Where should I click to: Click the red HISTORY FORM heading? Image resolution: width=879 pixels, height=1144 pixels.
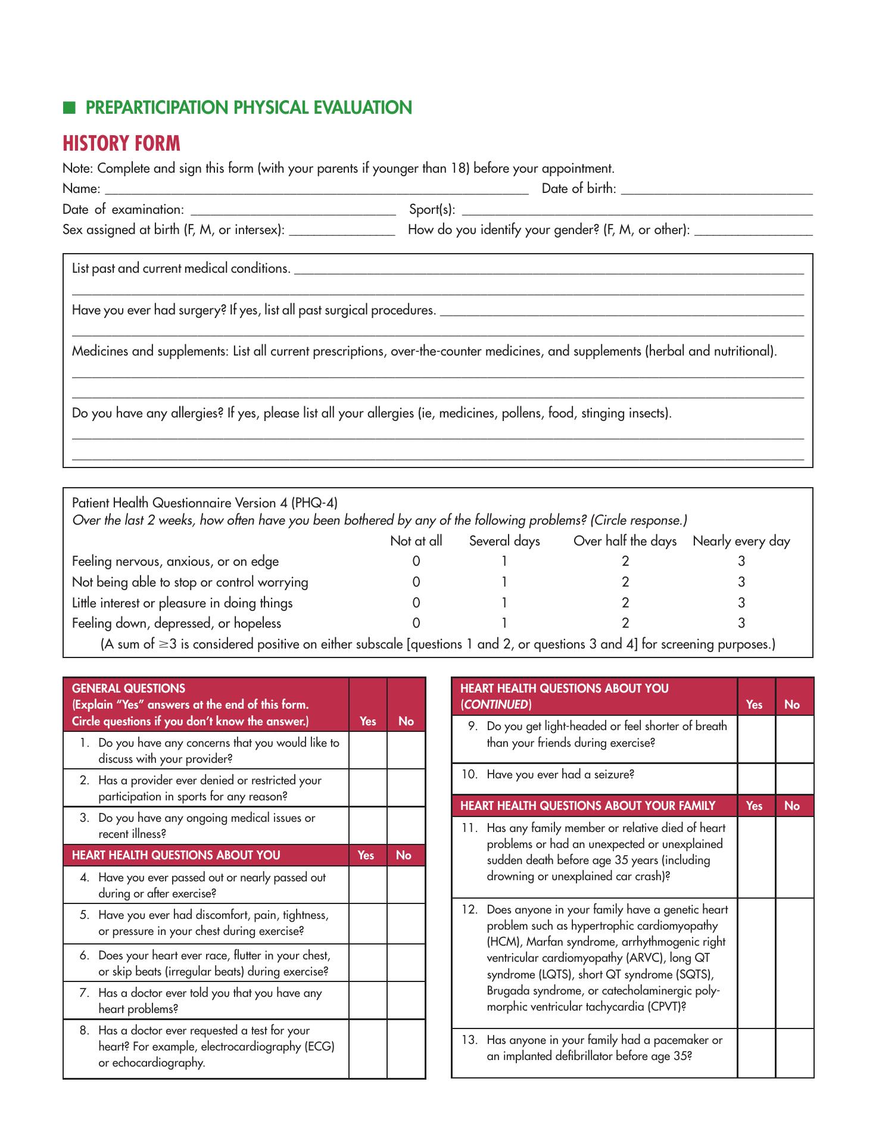coord(121,144)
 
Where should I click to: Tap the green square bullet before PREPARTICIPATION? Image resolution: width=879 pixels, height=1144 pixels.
coord(70,107)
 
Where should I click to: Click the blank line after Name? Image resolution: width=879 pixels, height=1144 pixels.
coord(316,189)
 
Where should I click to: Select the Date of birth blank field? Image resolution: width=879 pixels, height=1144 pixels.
coord(716,189)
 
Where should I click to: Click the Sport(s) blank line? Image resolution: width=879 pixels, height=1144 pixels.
coord(637,210)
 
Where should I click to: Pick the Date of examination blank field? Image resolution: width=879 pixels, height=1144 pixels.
coord(292,210)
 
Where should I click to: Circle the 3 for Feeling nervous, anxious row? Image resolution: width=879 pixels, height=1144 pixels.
coord(741,561)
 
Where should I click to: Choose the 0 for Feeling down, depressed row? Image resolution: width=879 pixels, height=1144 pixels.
coord(416,623)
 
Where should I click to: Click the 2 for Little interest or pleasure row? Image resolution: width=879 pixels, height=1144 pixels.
coord(625,603)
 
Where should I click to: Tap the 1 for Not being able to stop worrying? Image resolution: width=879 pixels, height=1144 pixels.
coord(504,582)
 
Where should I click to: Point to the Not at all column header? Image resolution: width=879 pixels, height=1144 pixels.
coord(416,541)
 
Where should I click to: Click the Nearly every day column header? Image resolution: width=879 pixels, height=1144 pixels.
coord(741,541)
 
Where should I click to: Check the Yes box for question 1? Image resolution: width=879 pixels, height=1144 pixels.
coord(368,750)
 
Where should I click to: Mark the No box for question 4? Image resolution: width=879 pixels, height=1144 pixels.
coord(406,885)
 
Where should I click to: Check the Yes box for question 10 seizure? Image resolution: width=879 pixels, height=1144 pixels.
coord(756,779)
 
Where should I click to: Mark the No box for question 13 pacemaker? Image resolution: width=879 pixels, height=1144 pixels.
coord(794,1053)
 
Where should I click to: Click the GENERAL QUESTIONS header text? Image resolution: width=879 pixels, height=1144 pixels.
coord(128,688)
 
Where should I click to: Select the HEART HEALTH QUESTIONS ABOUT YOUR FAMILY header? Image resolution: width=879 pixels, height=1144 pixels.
coord(588,806)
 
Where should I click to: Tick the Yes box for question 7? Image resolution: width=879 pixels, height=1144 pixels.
coord(368,1000)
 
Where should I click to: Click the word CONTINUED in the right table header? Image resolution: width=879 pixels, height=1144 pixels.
coord(496,705)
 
